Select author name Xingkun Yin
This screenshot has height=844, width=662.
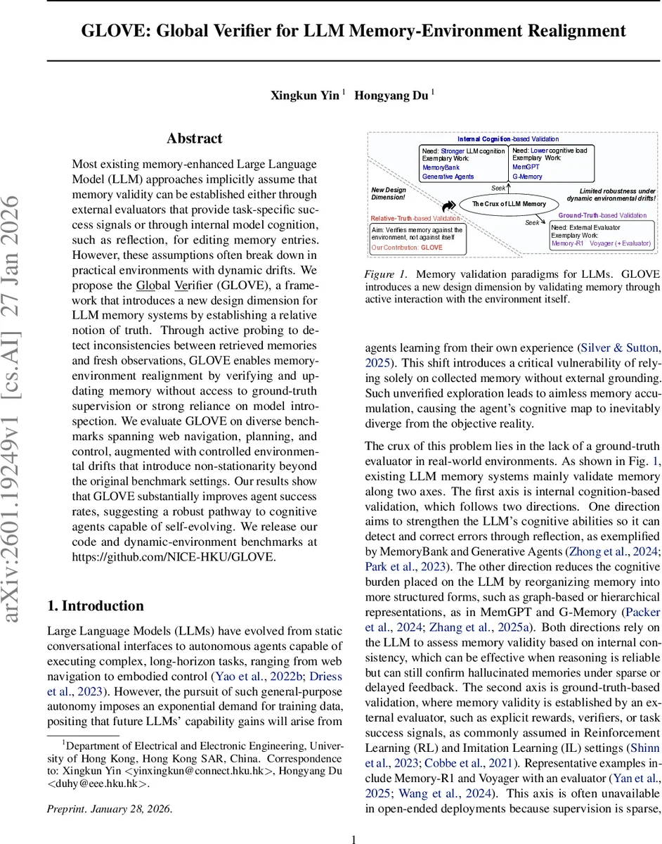coord(304,96)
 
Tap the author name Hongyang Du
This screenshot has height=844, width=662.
coord(391,96)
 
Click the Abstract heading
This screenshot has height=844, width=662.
coord(194,139)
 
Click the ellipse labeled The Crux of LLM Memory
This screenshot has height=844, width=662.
coord(508,204)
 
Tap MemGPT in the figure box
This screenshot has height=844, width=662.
coord(526,167)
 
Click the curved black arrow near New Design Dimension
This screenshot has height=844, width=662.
coord(447,205)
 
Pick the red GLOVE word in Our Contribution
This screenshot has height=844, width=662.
coord(431,248)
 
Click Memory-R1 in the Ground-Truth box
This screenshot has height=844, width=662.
coord(567,243)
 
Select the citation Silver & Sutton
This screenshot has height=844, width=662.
coord(618,347)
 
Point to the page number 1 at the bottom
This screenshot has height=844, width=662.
coord(354,838)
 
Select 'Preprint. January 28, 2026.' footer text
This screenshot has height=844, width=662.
coord(109,808)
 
